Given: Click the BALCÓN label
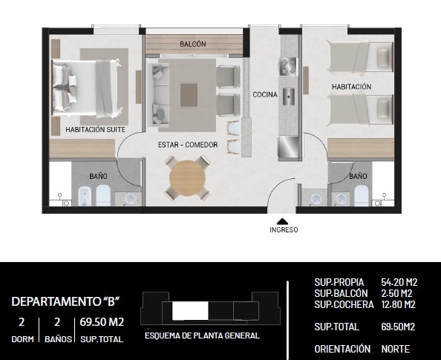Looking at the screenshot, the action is point(193,44).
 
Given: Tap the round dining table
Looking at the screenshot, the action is point(187,178).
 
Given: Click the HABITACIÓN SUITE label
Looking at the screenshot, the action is point(95,129).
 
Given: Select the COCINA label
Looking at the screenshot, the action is point(265,94).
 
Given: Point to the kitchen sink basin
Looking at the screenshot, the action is point(289,96).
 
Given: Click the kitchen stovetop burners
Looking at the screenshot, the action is point(288,66).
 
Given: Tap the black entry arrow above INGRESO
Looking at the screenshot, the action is point(283,221).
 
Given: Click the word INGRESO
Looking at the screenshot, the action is point(284,230).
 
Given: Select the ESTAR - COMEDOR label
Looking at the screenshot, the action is point(188,145).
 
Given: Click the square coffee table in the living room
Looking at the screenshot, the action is point(189,95).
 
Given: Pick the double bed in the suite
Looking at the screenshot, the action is point(88,88).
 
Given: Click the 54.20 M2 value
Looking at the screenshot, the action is point(399,282).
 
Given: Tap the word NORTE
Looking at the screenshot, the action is point(395,349).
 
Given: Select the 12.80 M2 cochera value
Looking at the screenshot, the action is point(398,304).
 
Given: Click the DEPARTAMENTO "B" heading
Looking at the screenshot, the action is point(66,301).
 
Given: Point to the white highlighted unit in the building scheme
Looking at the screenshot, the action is point(190,310).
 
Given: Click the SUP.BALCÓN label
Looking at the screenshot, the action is point(341,293).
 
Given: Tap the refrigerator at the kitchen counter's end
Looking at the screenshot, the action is point(288,148).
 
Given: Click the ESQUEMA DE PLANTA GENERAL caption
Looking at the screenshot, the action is point(202,336).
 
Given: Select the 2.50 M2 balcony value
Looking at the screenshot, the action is point(396,293).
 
